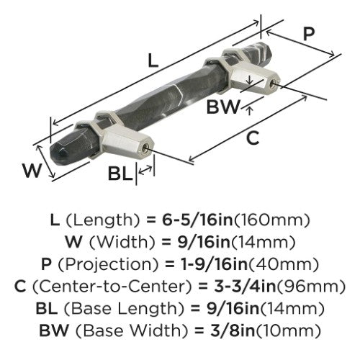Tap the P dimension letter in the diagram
[309, 34]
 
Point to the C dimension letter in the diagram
[253, 138]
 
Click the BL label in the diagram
[120, 174]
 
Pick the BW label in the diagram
[223, 107]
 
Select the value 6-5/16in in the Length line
[197, 220]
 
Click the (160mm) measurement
[271, 220]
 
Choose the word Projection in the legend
[108, 264]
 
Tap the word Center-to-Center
[112, 286]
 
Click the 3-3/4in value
[245, 286]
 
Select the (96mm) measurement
[311, 287]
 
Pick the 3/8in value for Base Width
[233, 330]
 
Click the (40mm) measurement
[284, 264]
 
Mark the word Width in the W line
[122, 243]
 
